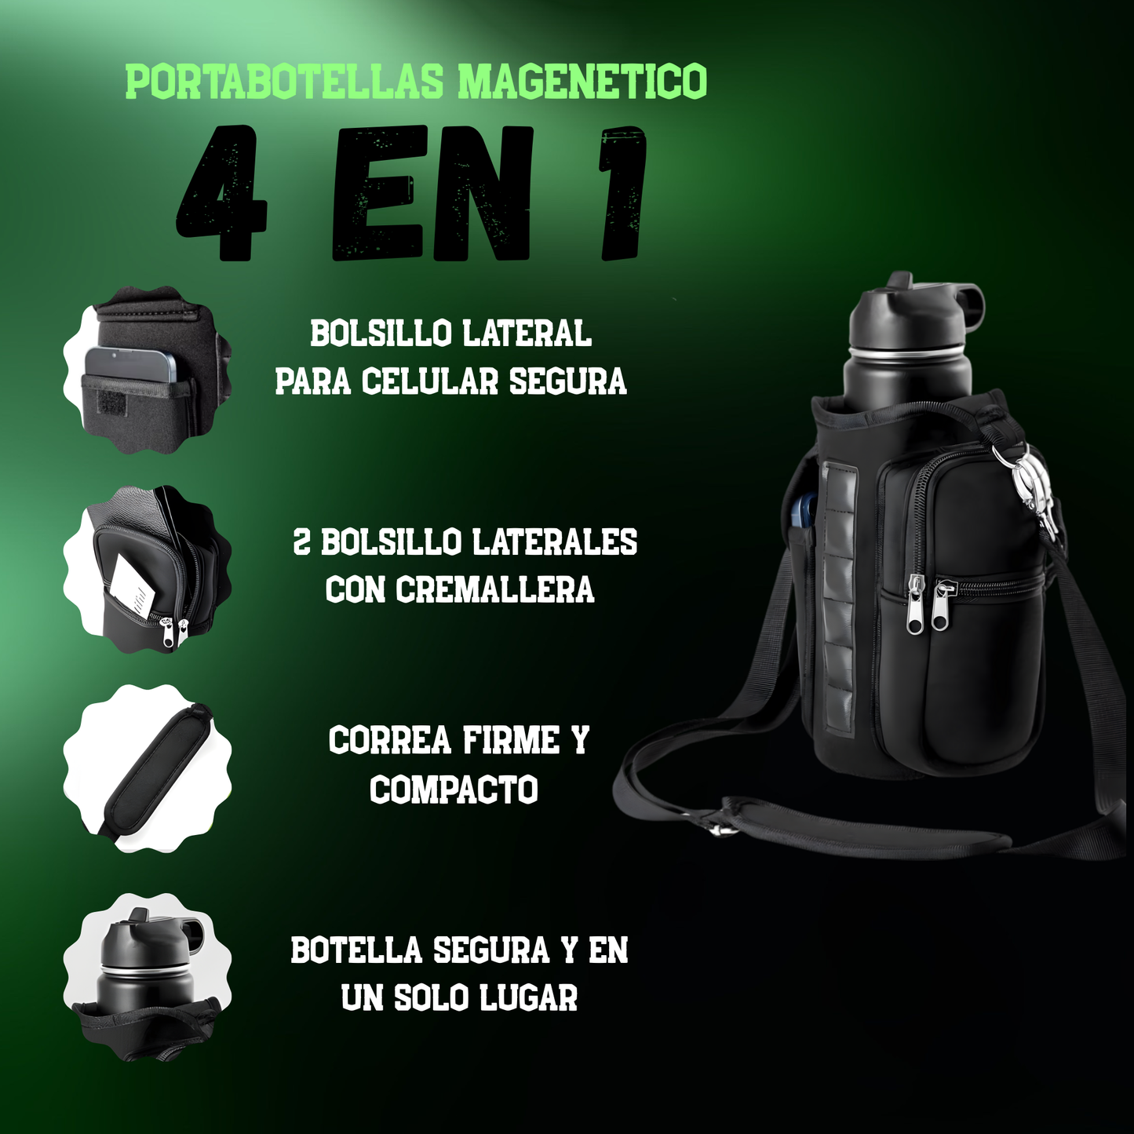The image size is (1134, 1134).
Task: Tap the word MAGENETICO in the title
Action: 582,82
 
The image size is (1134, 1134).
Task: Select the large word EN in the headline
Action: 432,194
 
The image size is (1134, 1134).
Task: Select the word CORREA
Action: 389,741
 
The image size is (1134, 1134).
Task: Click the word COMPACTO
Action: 454,790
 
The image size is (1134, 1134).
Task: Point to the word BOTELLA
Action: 356,950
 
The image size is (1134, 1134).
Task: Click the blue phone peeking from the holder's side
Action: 801,510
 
